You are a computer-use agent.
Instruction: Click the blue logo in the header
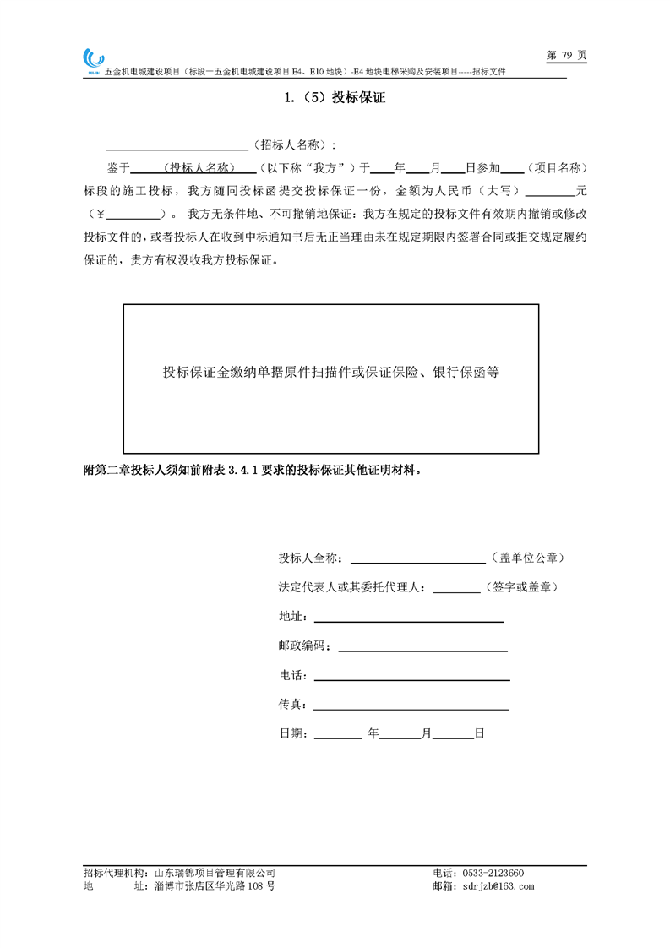92,60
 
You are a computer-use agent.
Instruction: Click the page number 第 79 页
566,55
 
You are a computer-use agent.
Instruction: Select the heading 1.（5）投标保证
335,98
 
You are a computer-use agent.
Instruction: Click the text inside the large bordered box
330,372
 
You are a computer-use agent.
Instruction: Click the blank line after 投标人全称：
417,558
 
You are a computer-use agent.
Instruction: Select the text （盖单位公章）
527,558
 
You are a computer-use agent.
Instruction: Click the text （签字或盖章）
519,586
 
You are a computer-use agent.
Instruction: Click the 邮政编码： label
305,646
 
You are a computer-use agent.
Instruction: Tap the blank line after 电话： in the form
411,676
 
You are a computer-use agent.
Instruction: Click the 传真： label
293,705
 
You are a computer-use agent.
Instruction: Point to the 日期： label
293,734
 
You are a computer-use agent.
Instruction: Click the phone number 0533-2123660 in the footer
490,873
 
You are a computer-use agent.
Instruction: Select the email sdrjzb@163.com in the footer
495,886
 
